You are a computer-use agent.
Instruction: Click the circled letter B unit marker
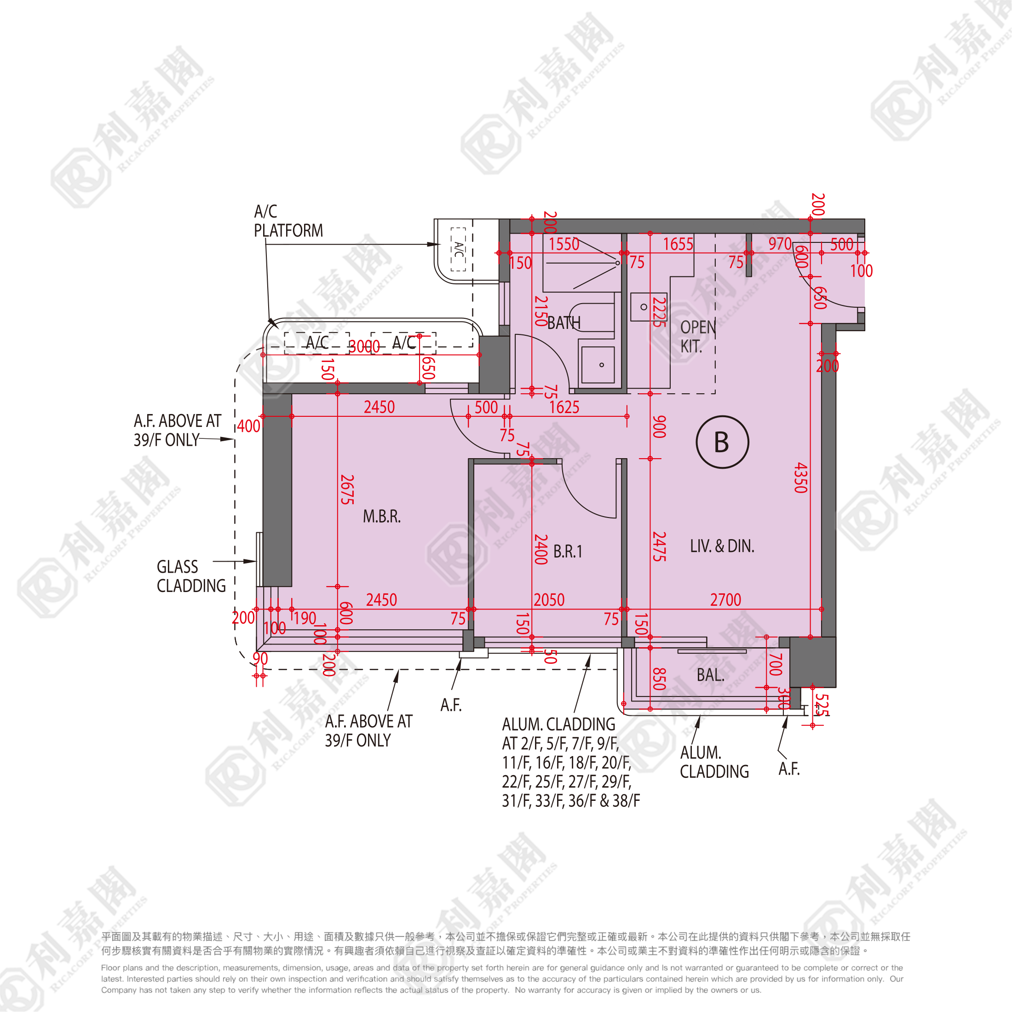722,442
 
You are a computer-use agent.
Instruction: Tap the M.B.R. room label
381,517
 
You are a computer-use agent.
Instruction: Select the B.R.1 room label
567,552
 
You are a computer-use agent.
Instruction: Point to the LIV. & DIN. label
722,546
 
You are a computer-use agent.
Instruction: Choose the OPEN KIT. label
697,337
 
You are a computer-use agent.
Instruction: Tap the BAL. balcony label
710,675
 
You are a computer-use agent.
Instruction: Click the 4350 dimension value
800,478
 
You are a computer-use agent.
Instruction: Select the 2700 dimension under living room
725,600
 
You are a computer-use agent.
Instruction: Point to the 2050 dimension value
549,600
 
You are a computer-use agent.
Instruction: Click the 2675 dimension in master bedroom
347,490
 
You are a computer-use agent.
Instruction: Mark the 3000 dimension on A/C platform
364,347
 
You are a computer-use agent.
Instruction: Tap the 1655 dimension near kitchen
678,244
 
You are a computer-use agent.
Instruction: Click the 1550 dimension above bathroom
563,244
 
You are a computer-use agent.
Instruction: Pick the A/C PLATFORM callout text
288,221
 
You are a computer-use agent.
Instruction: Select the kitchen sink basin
649,307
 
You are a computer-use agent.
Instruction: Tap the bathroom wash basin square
598,365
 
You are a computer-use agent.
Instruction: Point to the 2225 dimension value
659,312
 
